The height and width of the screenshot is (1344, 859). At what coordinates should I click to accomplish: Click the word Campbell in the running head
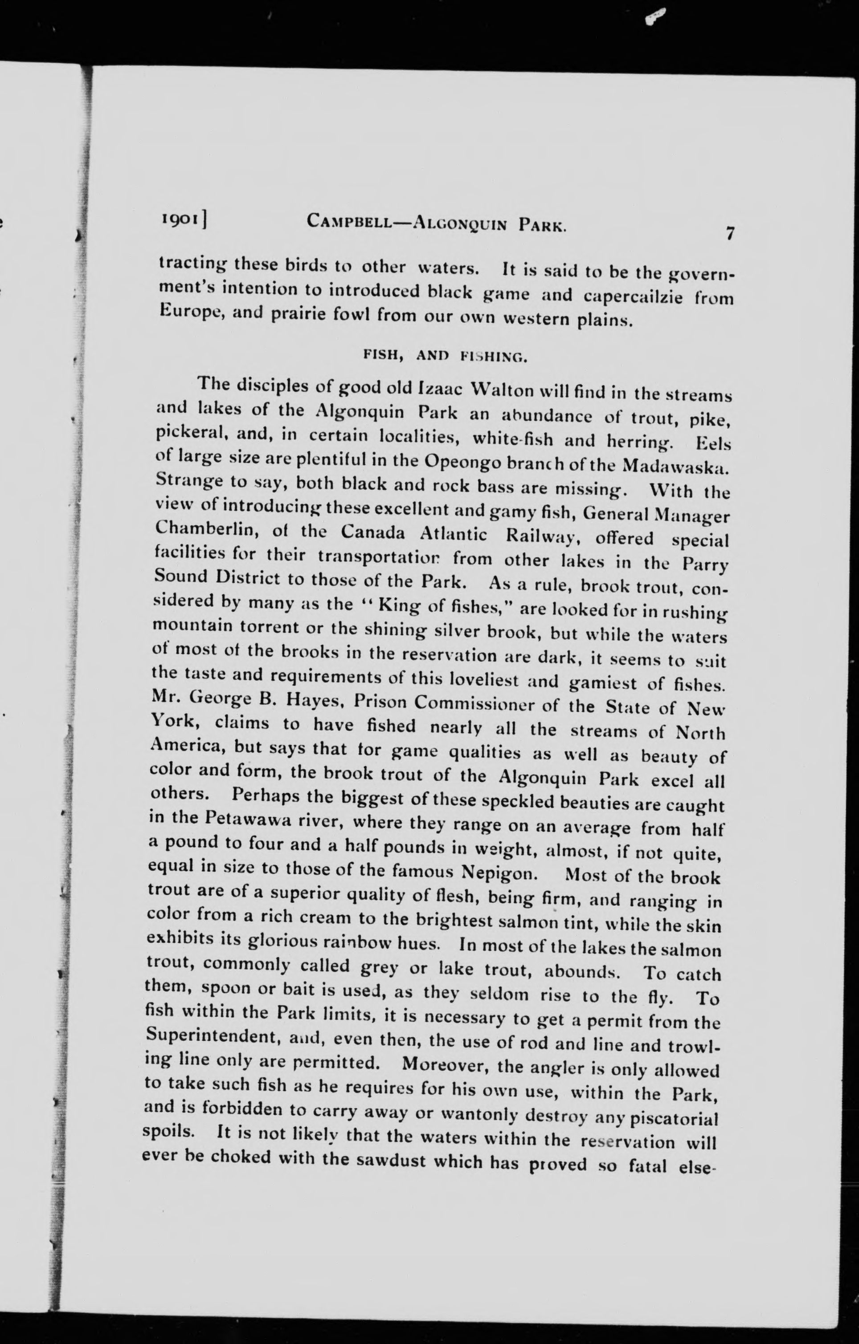click(x=353, y=223)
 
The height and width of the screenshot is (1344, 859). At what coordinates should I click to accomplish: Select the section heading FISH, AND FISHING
click(x=445, y=356)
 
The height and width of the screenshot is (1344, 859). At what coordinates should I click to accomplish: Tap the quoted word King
click(x=394, y=605)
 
